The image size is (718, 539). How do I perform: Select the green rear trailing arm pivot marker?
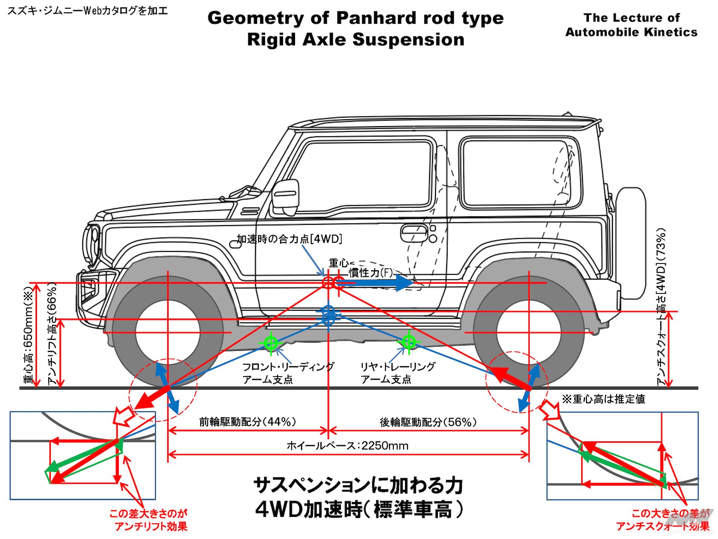408,341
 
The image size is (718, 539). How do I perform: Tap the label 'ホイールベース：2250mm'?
347,446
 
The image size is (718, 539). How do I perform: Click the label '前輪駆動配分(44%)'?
248,422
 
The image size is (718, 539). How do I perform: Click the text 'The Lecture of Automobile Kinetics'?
631,25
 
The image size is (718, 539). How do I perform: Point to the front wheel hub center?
168,332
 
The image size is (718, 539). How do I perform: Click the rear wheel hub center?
529,332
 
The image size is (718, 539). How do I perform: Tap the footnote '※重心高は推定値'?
604,399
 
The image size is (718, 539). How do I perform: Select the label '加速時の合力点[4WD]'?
289,239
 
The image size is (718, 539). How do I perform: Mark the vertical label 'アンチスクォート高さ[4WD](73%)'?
662,307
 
